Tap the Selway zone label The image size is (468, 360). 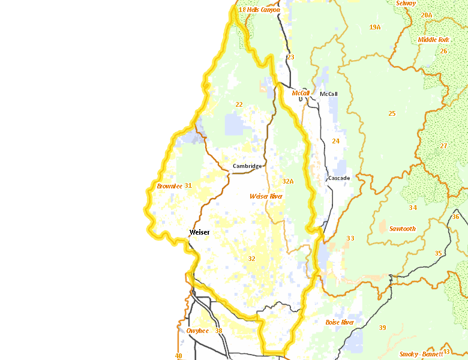tap(406, 3)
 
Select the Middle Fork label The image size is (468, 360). tap(433, 40)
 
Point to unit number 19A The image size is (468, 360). tap(375, 27)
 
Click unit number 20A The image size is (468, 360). tap(426, 15)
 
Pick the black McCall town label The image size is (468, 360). tap(329, 94)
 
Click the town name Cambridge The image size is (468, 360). tap(247, 166)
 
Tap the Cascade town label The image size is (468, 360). tap(339, 178)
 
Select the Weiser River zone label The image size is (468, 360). tap(266, 196)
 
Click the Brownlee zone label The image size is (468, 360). tap(169, 186)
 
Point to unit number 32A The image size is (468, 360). tap(288, 181)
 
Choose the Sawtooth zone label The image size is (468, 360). tap(402, 229)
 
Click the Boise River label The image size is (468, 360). tap(340, 322)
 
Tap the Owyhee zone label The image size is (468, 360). tap(197, 331)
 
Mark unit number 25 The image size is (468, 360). tap(392, 113)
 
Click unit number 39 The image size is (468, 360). tap(382, 328)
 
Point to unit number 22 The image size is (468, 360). tap(239, 104)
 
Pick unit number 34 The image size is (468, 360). tap(413, 208)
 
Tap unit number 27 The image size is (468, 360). tap(443, 146)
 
